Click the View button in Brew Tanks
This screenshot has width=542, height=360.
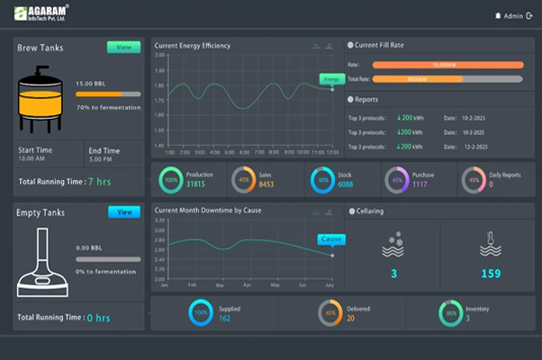pyautogui.click(x=123, y=47)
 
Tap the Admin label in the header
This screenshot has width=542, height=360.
pyautogui.click(x=511, y=15)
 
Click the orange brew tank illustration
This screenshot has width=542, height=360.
pyautogui.click(x=42, y=99)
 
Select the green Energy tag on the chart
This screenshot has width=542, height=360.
pyautogui.click(x=332, y=79)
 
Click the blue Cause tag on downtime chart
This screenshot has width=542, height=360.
pyautogui.click(x=331, y=239)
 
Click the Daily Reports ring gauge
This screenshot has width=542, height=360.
pyautogui.click(x=473, y=180)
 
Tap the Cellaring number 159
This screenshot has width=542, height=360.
pyautogui.click(x=491, y=274)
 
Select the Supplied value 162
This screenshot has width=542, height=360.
pyautogui.click(x=225, y=318)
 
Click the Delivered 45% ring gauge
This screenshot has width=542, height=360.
pyautogui.click(x=330, y=313)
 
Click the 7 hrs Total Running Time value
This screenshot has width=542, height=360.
pyautogui.click(x=99, y=181)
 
